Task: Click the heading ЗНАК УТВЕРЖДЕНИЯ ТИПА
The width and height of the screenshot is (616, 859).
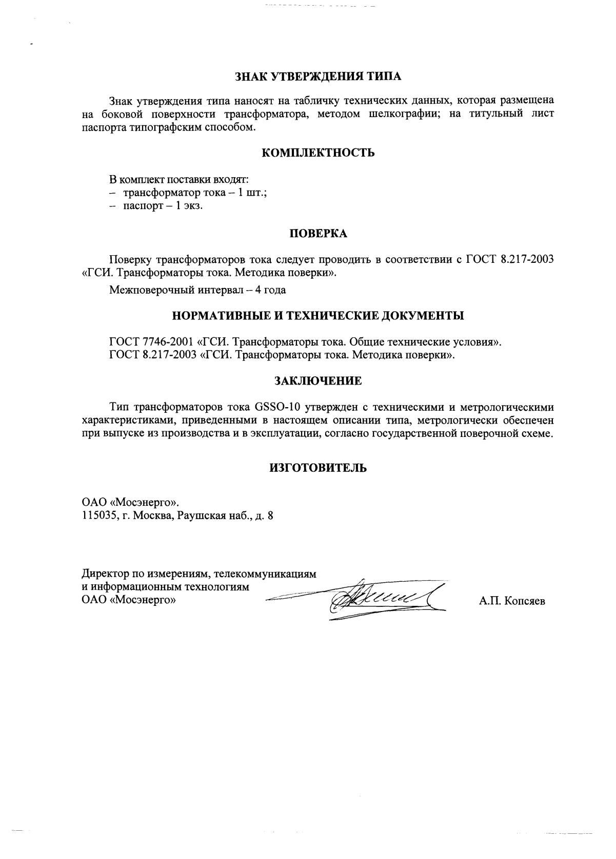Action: [318, 77]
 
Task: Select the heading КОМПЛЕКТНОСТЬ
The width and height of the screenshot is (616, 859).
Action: [318, 153]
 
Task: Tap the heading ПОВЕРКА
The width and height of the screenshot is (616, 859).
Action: [318, 234]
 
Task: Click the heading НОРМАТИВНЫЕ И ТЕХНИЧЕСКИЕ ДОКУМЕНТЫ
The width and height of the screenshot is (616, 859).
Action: [318, 315]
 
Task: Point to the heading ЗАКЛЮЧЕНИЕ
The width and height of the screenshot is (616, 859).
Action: [318, 381]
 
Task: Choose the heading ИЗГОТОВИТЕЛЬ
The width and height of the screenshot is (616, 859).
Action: [318, 468]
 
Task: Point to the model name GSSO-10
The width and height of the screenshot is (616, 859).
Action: [273, 408]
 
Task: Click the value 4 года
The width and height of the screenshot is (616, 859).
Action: [270, 290]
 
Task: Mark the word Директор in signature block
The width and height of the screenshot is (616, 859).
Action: [105, 574]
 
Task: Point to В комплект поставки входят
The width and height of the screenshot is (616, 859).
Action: [180, 180]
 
